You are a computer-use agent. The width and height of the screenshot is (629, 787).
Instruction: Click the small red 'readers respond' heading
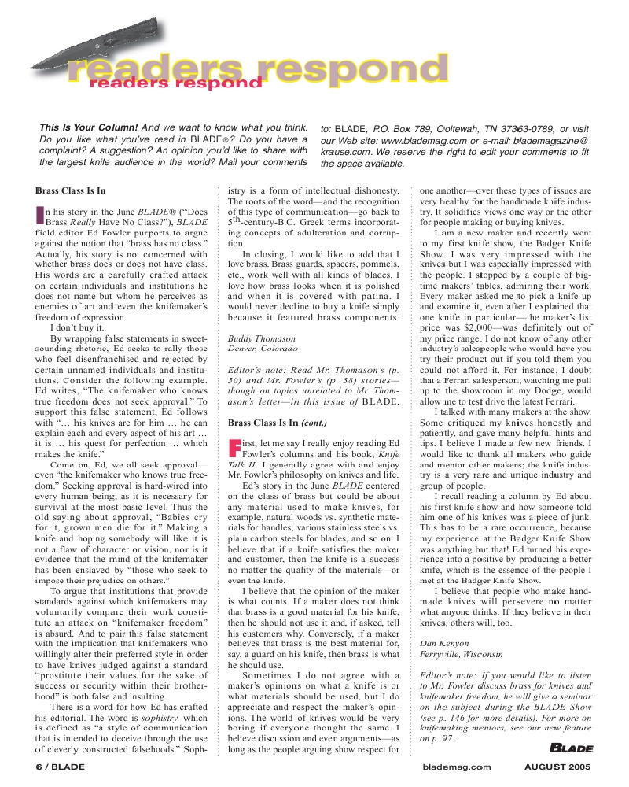point(174,82)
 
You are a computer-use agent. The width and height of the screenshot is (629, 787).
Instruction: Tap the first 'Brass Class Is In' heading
point(71,190)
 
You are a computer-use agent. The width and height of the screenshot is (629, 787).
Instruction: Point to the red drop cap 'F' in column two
point(233,448)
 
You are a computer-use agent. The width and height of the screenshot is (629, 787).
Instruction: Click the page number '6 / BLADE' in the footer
point(59,765)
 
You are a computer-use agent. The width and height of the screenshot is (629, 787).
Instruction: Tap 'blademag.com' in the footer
point(457,765)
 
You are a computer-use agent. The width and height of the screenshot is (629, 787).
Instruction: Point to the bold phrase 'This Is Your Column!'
point(89,127)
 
